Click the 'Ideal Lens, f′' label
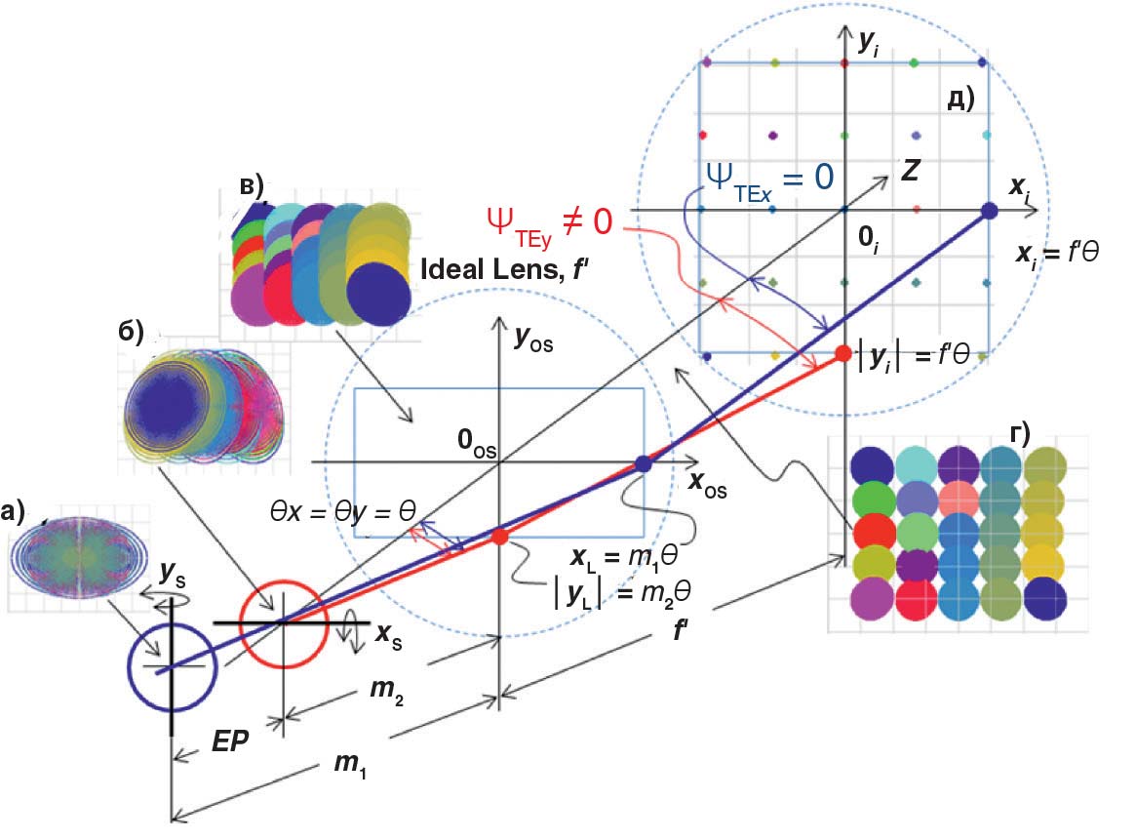(504, 269)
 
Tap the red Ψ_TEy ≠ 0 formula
(550, 224)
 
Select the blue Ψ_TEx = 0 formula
(770, 179)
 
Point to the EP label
(230, 740)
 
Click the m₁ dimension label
(350, 764)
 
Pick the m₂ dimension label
(386, 689)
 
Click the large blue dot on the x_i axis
(989, 211)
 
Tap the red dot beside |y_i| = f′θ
(843, 354)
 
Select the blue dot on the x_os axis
(644, 463)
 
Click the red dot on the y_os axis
(500, 537)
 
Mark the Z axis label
(911, 171)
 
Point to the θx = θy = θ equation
(342, 512)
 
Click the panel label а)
(13, 512)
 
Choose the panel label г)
(1020, 433)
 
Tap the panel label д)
(960, 99)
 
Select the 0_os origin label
(476, 443)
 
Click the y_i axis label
(869, 43)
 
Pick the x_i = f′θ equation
(1057, 254)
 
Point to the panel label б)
(131, 332)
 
